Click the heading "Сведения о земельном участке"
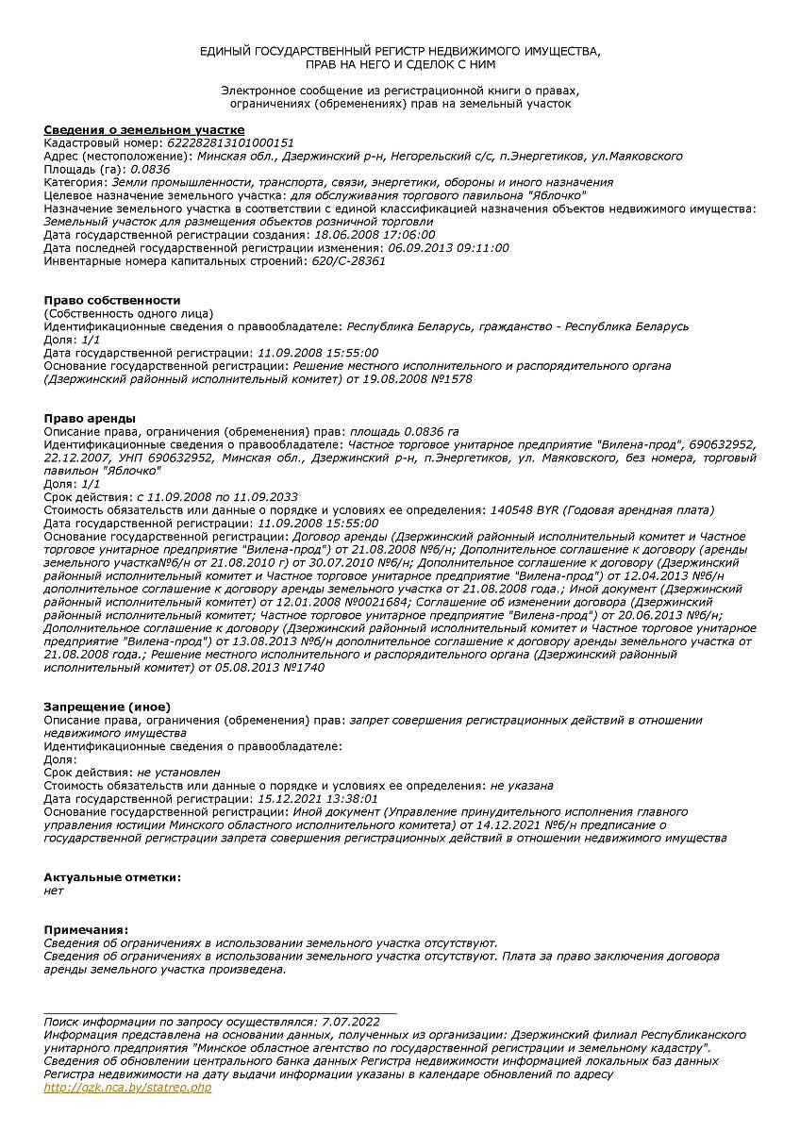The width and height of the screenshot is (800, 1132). [x=144, y=129]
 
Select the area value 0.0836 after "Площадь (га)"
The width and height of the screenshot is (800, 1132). [x=150, y=169]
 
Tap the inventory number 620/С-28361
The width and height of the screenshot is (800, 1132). [x=347, y=261]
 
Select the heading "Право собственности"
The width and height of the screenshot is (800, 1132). [x=112, y=300]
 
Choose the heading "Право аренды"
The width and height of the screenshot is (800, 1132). [x=90, y=418]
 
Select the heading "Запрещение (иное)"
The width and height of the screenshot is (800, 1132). [x=108, y=707]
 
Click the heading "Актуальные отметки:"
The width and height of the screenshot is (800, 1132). [x=112, y=877]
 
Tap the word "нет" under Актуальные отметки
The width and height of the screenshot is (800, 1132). [x=54, y=891]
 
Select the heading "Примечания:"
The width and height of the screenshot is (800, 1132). [x=86, y=930]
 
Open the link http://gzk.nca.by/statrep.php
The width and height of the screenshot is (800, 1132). [x=127, y=1088]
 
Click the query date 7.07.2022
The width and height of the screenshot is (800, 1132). [x=350, y=1022]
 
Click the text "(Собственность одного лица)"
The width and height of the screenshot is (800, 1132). [x=128, y=313]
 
